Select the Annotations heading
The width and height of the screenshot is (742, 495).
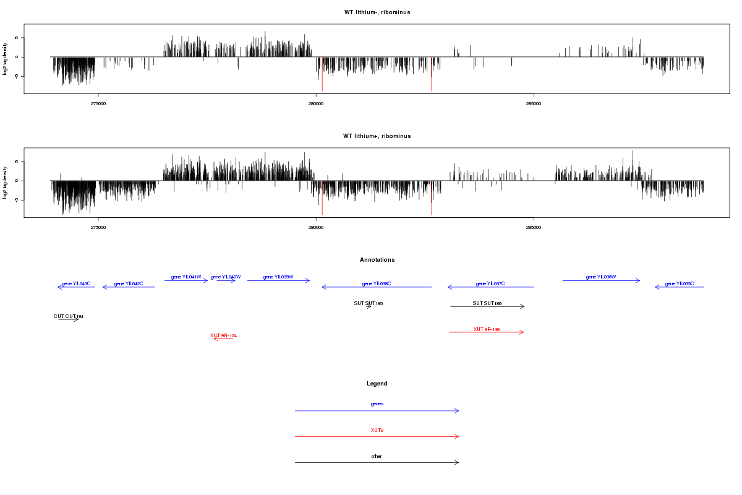377,260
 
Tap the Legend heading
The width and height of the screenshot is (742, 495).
377,384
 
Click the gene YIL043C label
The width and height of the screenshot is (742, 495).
76,283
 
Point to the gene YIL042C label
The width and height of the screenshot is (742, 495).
129,283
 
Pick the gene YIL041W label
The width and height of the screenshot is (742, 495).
186,277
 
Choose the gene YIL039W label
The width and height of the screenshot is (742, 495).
278,277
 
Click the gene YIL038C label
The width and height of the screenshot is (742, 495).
377,283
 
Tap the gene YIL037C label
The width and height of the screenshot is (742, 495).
490,283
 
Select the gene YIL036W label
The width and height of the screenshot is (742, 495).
601,277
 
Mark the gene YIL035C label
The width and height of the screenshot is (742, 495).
680,283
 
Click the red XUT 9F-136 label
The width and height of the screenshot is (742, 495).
487,329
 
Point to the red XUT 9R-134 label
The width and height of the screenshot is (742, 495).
223,335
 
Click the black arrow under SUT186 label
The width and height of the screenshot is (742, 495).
487,306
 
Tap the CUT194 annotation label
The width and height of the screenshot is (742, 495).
68,316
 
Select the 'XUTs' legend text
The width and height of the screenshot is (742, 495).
377,430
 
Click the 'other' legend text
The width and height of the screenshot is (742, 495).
377,456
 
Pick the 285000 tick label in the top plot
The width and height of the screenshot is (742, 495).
534,103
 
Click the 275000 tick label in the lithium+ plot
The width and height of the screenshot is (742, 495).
98,227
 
